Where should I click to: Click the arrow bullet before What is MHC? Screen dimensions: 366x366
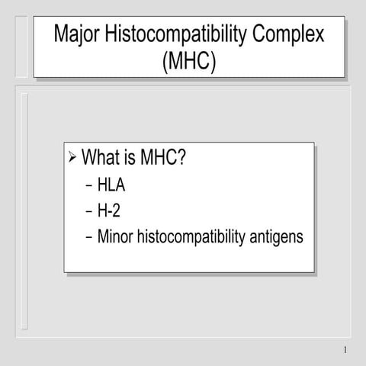click(72, 159)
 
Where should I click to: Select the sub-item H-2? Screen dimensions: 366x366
click(110, 210)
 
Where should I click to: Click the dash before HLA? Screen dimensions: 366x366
click(88, 185)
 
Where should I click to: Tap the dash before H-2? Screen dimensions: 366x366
click(88, 211)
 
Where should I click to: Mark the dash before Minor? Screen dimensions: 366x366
click(88, 237)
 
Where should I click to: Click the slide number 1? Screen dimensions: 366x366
click(345, 352)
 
